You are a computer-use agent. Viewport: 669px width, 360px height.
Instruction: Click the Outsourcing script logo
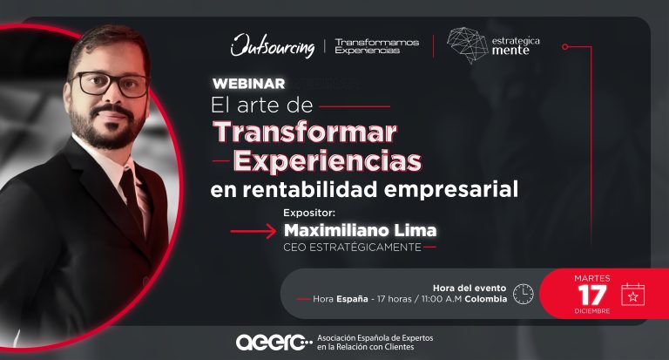point(273,45)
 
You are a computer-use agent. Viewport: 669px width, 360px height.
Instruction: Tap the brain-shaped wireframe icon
point(467,45)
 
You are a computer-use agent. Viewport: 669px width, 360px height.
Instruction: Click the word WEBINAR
point(249,84)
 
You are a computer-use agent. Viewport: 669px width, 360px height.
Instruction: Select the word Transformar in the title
point(306,132)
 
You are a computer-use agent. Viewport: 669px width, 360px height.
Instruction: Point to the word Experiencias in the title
point(328,161)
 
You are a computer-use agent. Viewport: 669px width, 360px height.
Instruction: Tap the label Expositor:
point(309,213)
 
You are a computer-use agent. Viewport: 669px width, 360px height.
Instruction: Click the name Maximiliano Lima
point(360,231)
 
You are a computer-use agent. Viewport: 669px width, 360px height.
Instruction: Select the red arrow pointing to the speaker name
point(253,232)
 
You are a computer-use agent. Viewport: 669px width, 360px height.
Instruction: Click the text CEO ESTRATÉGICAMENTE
point(353,248)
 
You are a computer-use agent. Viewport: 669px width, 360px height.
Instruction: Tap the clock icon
point(523,294)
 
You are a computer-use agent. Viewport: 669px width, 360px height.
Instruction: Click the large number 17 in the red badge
point(592,295)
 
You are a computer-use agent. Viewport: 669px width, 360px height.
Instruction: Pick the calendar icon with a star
point(633,295)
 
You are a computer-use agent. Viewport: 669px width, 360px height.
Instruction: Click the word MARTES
point(592,278)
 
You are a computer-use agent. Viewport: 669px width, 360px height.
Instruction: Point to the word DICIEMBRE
point(592,311)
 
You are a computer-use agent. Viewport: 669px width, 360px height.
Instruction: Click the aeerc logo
point(274,343)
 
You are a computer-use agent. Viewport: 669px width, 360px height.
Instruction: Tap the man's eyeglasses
point(110,84)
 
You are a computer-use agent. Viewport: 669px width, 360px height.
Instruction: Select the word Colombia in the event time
point(485,299)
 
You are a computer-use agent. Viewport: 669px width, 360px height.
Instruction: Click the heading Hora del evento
point(470,289)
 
